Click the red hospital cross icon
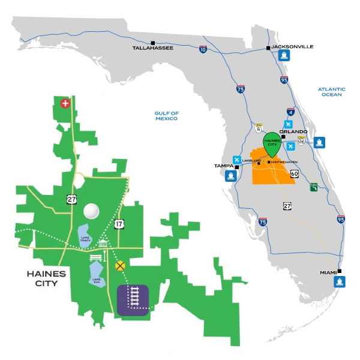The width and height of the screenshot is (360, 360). tap(65, 103)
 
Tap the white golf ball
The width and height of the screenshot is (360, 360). tap(91, 211)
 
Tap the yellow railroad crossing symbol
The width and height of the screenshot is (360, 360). tap(121, 264)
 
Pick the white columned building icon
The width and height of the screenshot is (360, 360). tap(104, 244)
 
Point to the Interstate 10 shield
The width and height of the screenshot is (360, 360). tap(203, 50)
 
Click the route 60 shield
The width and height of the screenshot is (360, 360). tap(294, 174)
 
